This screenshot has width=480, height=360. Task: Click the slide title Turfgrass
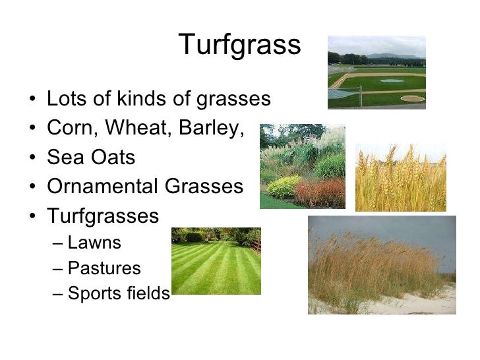tap(239, 45)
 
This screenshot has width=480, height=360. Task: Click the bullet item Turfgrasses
tap(103, 216)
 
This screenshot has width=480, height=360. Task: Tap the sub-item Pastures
tap(104, 268)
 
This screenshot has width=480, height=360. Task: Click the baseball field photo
tap(376, 73)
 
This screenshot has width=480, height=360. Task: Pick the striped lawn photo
tap(216, 261)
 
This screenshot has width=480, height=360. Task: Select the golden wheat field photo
tap(400, 177)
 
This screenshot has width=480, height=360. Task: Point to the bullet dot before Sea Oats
tap(33, 158)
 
